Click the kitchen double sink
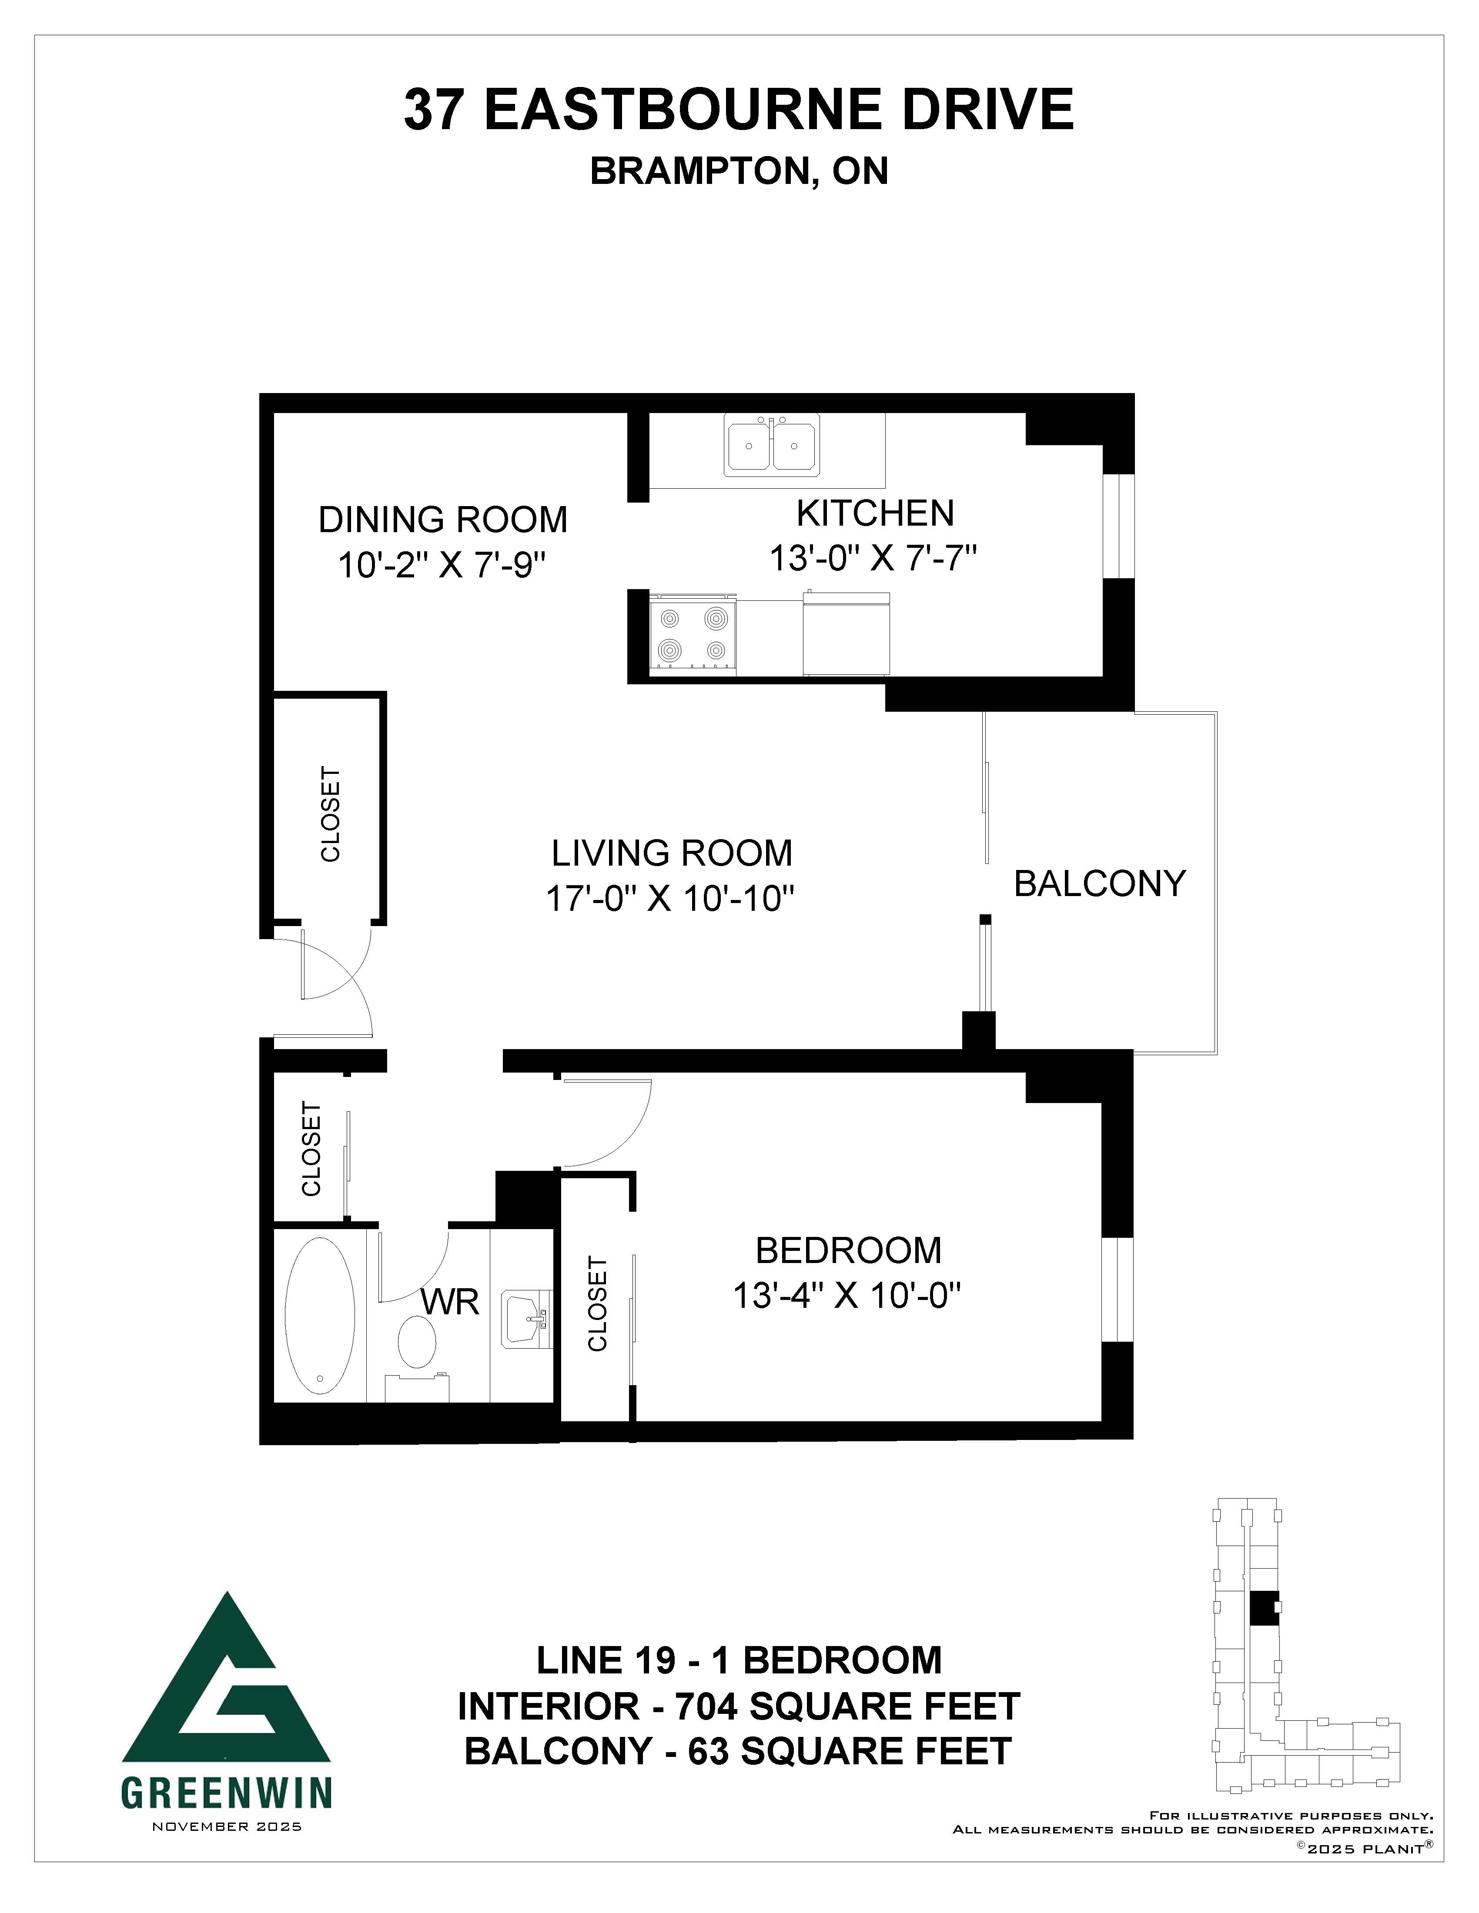pos(772,445)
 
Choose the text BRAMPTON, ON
pos(739,171)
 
